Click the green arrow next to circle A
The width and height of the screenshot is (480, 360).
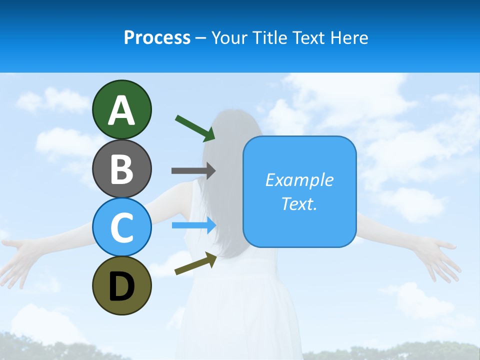[x=194, y=127]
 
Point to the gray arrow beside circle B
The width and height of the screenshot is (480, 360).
[x=193, y=170]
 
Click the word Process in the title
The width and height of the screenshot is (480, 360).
[x=157, y=38]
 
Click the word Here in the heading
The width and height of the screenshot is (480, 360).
[x=350, y=38]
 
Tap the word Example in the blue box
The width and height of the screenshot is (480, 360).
[x=299, y=180]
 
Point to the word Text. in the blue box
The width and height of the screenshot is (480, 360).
[x=299, y=203]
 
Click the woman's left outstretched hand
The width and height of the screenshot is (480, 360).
[x=20, y=255]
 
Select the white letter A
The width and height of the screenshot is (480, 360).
[x=121, y=110]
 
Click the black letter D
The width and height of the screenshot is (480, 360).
[x=121, y=287]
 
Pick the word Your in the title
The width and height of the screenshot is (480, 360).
[x=228, y=38]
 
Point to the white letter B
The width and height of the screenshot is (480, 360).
[x=121, y=169]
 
